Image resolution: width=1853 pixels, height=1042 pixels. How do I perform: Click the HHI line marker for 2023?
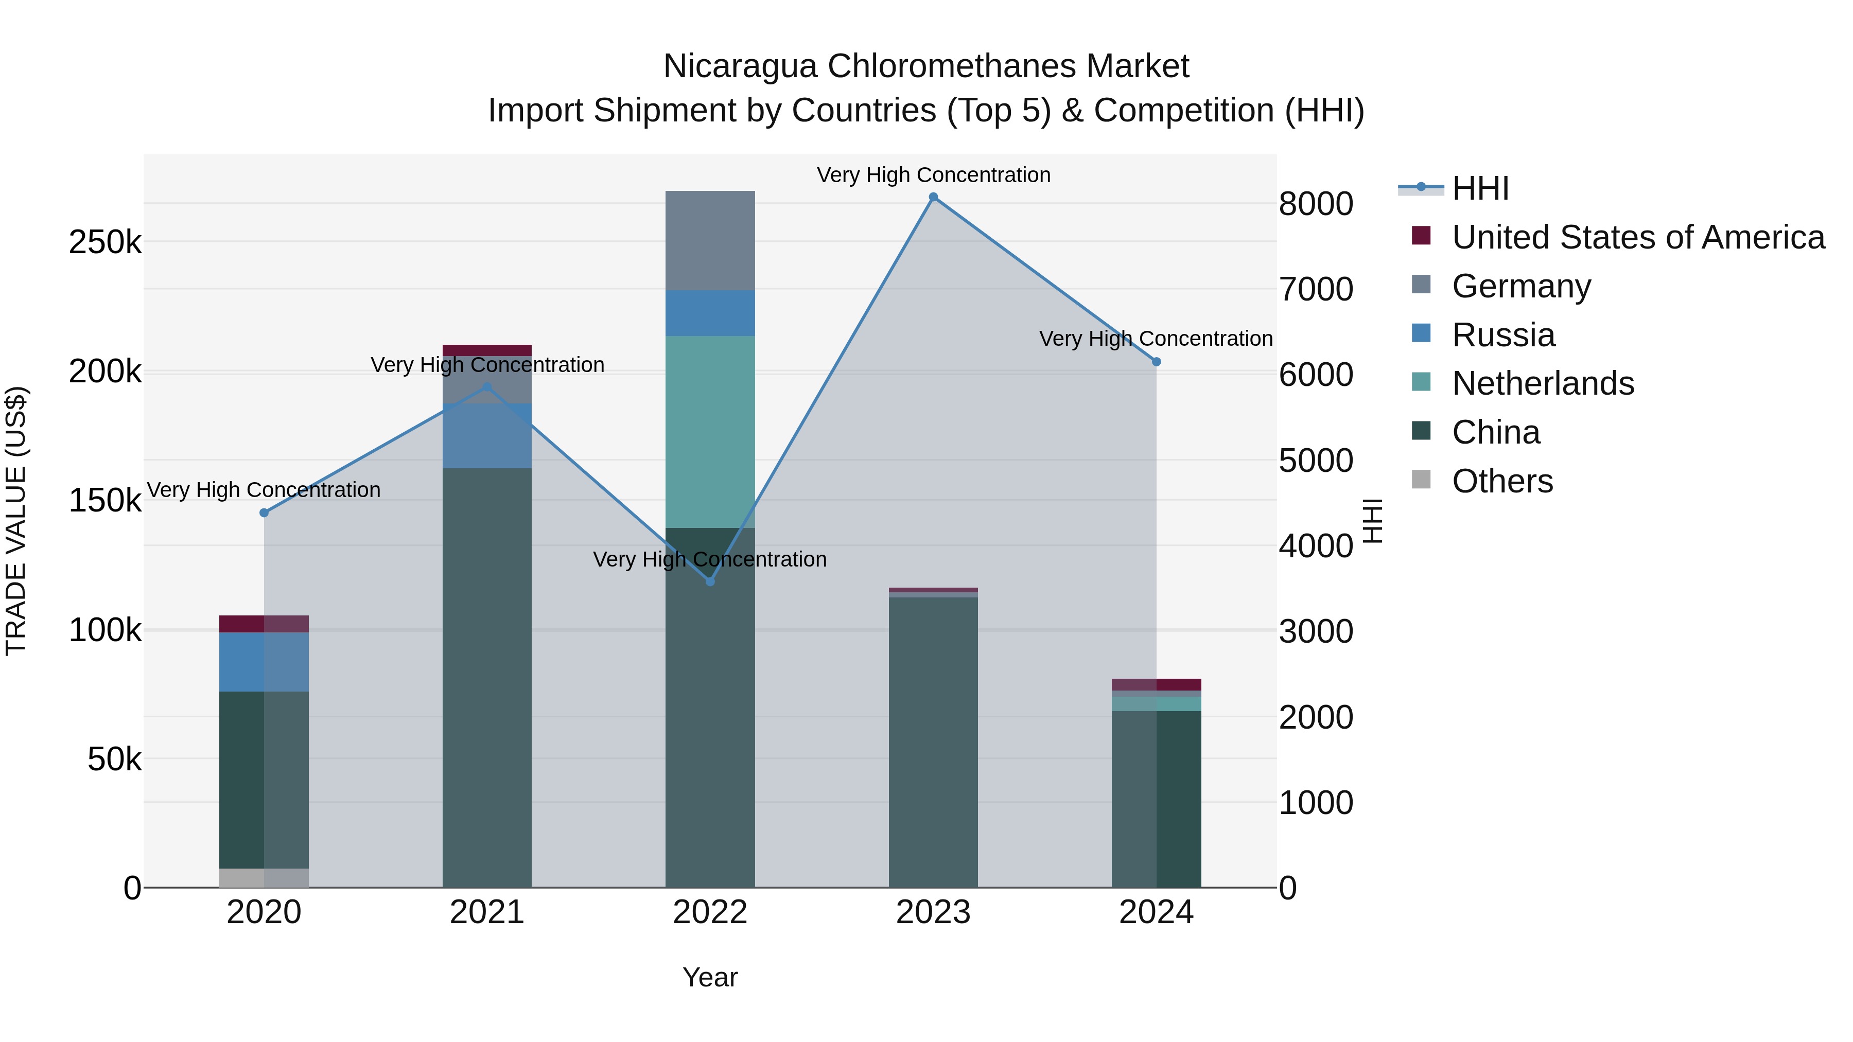[933, 197]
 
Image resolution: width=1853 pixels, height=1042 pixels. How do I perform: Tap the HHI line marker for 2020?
[264, 513]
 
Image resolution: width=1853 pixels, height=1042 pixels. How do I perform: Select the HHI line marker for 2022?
[710, 581]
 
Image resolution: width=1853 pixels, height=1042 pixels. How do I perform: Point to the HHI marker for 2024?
[1156, 362]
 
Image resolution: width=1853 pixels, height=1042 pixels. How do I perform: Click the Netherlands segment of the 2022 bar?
[710, 432]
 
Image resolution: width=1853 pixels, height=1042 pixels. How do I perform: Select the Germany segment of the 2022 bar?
[710, 240]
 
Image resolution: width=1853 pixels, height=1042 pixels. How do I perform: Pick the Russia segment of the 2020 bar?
[264, 662]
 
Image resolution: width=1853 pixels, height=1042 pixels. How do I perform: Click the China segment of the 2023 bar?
[933, 740]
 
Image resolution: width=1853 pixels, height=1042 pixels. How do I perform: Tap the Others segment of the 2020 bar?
[264, 877]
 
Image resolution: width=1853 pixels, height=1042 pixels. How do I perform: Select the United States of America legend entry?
[1637, 237]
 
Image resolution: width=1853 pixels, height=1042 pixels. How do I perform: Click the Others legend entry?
[1502, 481]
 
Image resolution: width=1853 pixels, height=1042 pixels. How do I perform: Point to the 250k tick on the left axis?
[105, 242]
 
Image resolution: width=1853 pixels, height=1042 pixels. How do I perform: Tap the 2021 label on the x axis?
[487, 912]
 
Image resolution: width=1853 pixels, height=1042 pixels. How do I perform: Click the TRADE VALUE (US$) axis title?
[16, 521]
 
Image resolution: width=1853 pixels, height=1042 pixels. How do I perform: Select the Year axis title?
[710, 977]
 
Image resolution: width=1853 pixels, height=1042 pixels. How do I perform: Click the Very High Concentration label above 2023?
[933, 175]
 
